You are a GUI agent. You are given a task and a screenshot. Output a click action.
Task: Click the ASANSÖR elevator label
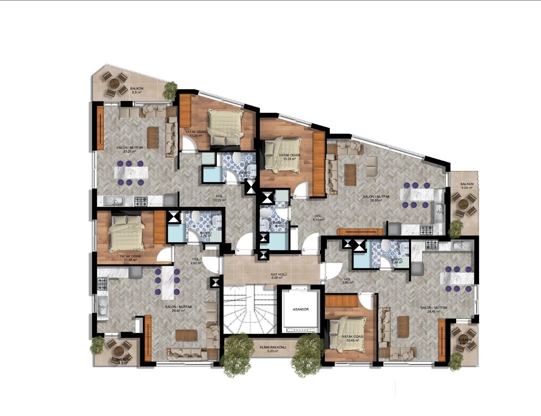(x=301, y=309)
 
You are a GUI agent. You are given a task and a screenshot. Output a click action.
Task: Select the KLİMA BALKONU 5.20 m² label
(x=269, y=349)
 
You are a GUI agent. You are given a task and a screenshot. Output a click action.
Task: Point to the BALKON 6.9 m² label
(x=136, y=90)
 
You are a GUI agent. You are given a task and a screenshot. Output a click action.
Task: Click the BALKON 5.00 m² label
(x=467, y=186)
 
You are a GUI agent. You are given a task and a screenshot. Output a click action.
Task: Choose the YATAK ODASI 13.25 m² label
(x=289, y=157)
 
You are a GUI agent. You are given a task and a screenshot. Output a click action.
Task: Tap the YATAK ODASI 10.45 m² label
(x=352, y=338)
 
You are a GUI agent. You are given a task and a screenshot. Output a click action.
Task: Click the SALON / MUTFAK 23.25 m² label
(x=130, y=149)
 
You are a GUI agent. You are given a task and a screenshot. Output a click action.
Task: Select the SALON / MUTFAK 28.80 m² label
(x=376, y=198)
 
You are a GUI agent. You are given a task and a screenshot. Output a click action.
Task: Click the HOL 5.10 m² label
(x=318, y=218)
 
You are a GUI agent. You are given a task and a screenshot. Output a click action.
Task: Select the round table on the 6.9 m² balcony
(x=115, y=83)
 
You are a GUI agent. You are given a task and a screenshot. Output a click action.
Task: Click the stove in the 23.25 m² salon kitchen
(x=141, y=201)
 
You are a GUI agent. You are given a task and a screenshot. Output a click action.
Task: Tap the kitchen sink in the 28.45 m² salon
(x=102, y=306)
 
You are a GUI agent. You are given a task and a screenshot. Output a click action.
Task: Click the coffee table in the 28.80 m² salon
(x=350, y=175)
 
